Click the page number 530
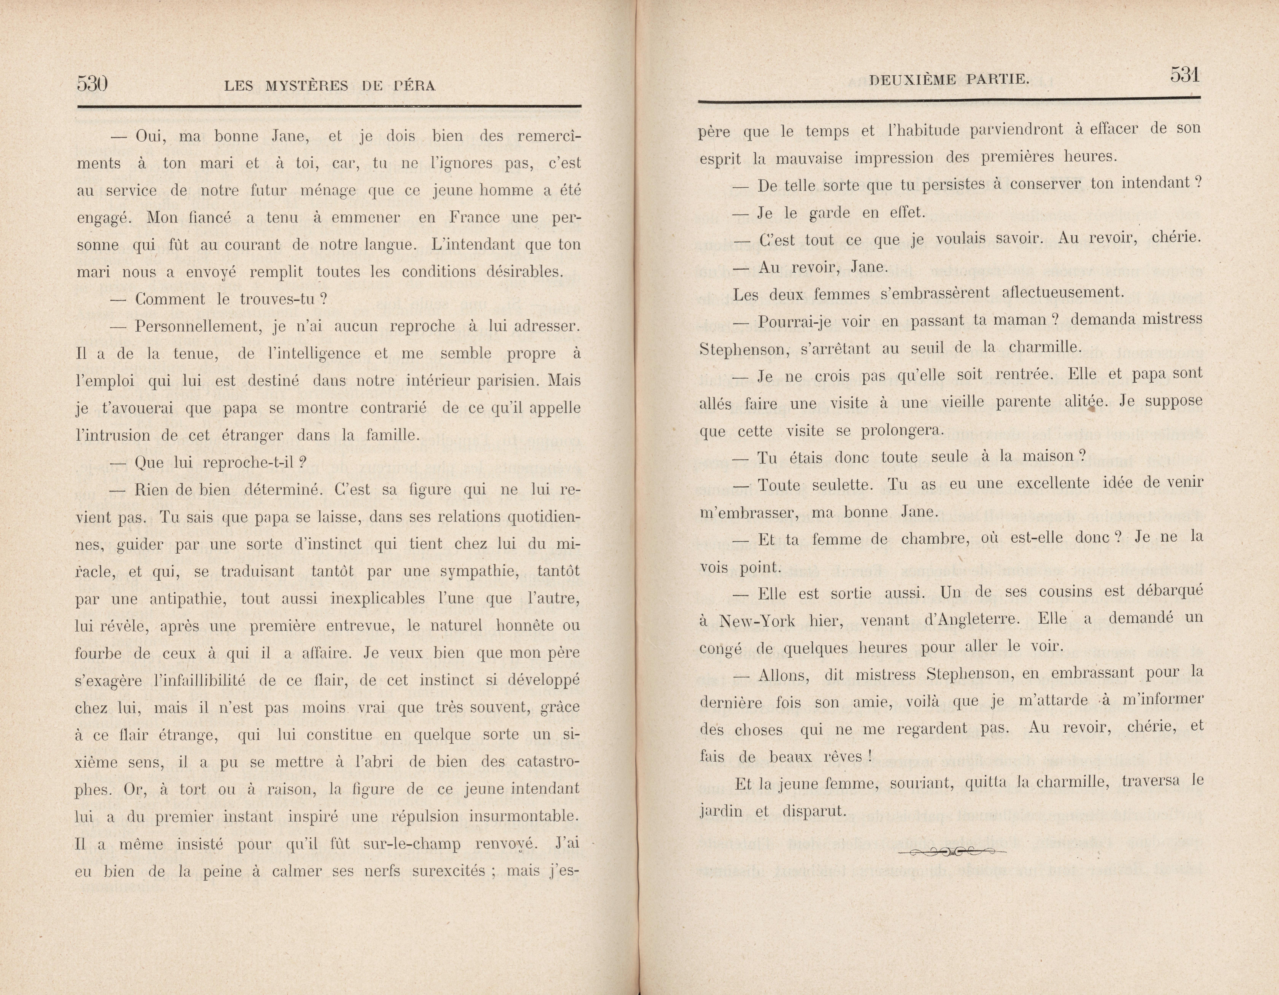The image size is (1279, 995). [92, 84]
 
